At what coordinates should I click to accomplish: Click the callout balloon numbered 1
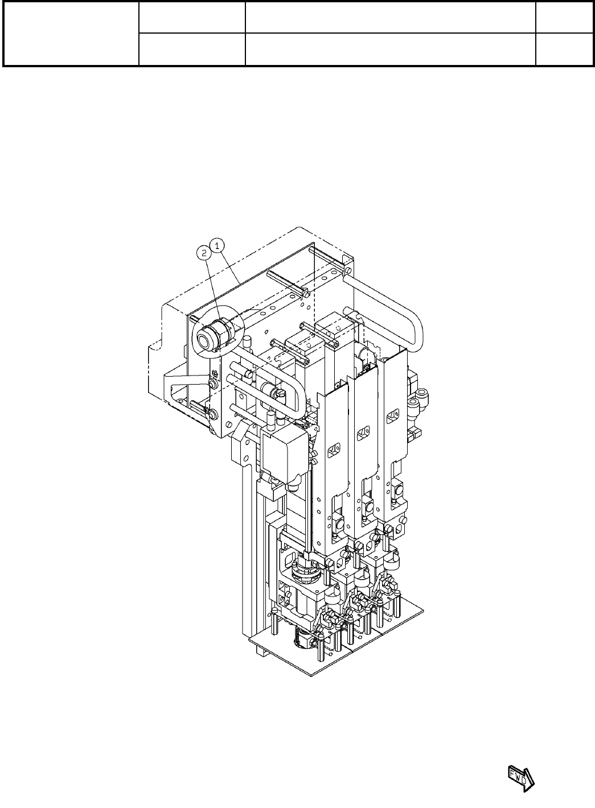218,246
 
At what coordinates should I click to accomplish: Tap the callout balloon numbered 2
204,253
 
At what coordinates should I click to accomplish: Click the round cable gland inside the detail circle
210,336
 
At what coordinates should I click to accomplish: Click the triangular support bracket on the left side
187,391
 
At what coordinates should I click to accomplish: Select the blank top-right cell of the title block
565,18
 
